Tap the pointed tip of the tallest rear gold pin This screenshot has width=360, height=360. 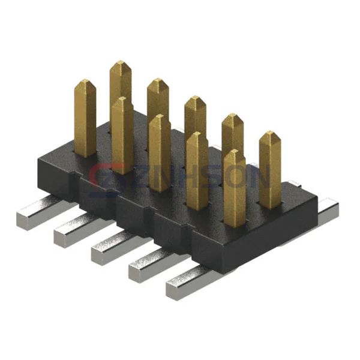[121, 64]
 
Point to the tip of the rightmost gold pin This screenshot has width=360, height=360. [270, 134]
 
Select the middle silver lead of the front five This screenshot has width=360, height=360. [111, 249]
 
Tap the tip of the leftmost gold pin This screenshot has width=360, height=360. [85, 82]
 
